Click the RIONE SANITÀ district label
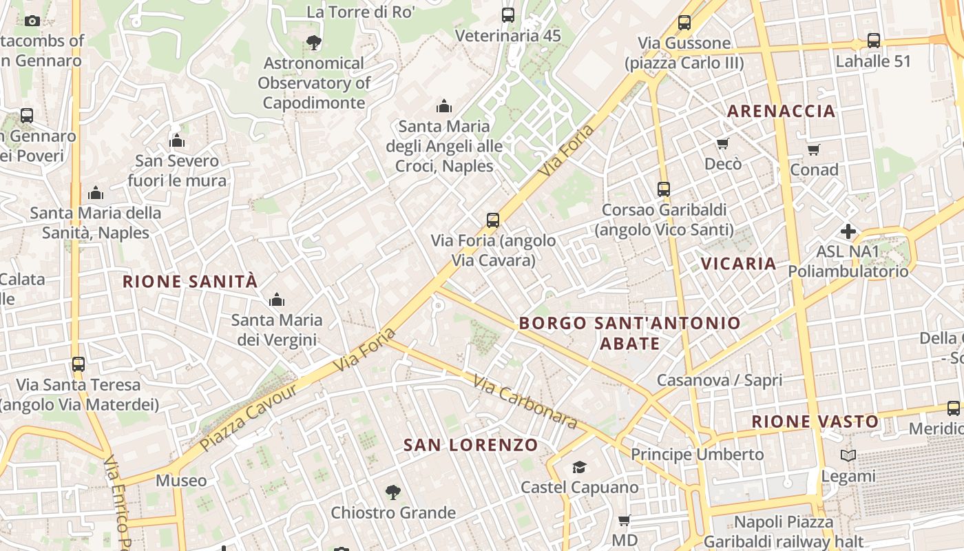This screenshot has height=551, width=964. pyautogui.click(x=190, y=281)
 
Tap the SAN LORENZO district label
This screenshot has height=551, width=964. pyautogui.click(x=470, y=445)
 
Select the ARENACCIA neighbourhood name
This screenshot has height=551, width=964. pyautogui.click(x=781, y=111)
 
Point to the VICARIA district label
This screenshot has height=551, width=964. pyautogui.click(x=738, y=263)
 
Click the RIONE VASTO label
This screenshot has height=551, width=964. pyautogui.click(x=815, y=422)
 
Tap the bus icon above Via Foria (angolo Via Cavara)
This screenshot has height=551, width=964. pyautogui.click(x=493, y=220)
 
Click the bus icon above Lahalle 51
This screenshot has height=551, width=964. pyautogui.click(x=873, y=41)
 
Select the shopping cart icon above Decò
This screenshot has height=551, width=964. pyautogui.click(x=722, y=143)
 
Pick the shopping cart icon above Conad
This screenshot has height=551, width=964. pyautogui.click(x=814, y=149)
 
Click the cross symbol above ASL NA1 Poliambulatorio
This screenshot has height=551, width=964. pyautogui.click(x=848, y=231)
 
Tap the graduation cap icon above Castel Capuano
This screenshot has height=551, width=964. pyautogui.click(x=579, y=468)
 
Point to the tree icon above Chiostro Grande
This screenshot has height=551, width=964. pyautogui.click(x=392, y=492)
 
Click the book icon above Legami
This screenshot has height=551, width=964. pyautogui.click(x=848, y=455)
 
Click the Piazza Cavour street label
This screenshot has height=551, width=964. pyautogui.click(x=249, y=416)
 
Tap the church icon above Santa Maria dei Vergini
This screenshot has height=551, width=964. pyautogui.click(x=277, y=300)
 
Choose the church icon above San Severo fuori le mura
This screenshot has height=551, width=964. pyautogui.click(x=177, y=141)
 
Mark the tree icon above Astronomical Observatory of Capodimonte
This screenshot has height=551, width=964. pyautogui.click(x=314, y=43)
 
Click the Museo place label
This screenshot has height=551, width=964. pyautogui.click(x=181, y=480)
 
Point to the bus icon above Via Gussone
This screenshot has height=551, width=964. pyautogui.click(x=684, y=23)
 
